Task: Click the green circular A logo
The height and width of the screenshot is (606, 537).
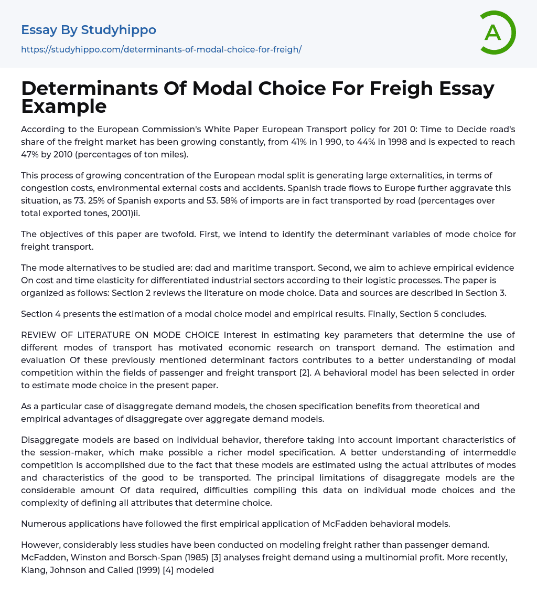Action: [x=496, y=33]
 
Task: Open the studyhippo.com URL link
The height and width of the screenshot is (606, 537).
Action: [x=161, y=49]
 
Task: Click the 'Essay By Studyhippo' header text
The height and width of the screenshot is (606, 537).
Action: [x=89, y=30]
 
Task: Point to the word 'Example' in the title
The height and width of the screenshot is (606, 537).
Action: [x=64, y=106]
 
